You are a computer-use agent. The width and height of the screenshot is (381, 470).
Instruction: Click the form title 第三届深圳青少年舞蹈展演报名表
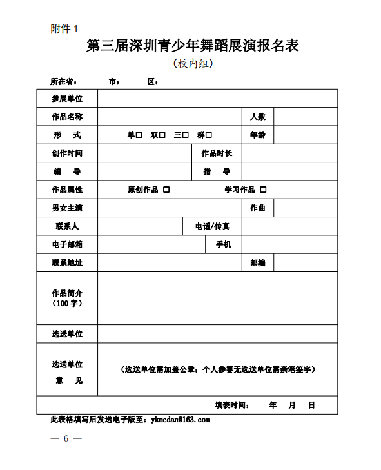[193, 46]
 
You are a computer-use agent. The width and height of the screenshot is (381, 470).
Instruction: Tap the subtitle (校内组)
[193, 64]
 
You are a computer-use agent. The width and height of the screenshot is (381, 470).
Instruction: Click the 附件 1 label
[64, 28]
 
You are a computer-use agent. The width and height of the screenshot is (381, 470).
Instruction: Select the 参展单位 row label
[67, 99]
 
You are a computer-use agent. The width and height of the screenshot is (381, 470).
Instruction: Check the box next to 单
[139, 135]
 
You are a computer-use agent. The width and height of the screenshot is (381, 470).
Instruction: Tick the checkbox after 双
[162, 135]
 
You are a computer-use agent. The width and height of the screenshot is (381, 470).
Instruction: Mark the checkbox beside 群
[209, 135]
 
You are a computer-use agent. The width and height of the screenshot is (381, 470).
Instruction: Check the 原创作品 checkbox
[166, 190]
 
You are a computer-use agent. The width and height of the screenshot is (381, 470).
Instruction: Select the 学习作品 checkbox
[263, 190]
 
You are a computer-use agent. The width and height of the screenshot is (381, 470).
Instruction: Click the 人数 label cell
[258, 117]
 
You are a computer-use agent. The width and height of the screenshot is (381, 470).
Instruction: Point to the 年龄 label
[258, 135]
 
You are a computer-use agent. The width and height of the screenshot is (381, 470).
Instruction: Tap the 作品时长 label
[217, 153]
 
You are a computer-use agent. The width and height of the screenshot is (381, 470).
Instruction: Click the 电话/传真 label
[212, 227]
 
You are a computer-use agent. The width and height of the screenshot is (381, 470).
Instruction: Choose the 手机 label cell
[223, 245]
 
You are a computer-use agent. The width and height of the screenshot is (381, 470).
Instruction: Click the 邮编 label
[258, 263]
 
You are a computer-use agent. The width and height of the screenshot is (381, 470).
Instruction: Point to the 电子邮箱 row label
[67, 245]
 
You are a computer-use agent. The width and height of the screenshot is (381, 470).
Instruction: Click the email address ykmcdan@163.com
[180, 420]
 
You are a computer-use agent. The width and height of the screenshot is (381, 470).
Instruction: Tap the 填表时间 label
[231, 406]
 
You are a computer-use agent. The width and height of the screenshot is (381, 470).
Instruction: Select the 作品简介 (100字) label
[67, 298]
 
